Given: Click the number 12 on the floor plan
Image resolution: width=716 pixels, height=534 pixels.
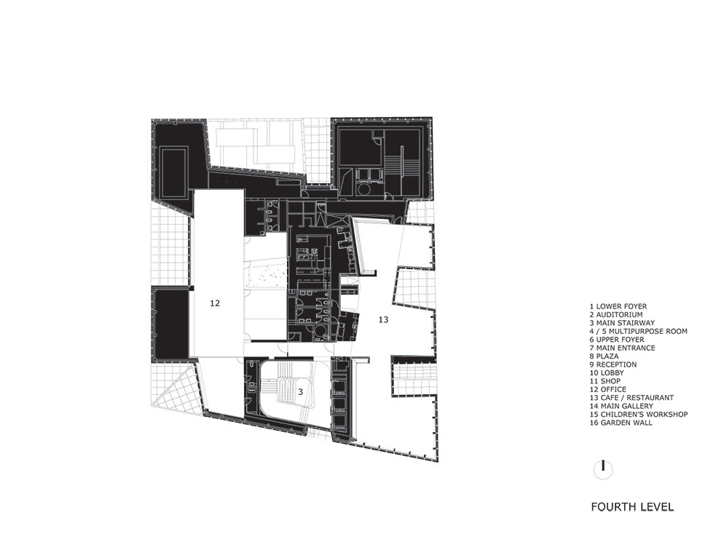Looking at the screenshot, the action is (x=215, y=303).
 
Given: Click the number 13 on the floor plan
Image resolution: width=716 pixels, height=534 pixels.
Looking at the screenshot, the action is (x=384, y=319).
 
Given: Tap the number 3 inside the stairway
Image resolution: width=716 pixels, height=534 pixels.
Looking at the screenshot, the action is (x=301, y=391).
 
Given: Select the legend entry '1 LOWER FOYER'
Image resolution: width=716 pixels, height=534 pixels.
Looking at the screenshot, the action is (x=618, y=306).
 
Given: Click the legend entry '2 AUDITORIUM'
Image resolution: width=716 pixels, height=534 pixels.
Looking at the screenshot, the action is (x=616, y=315).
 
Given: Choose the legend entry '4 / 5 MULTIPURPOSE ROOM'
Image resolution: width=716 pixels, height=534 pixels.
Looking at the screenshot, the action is (x=638, y=331).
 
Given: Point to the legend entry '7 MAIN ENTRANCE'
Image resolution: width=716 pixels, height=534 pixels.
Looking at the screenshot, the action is (x=622, y=348).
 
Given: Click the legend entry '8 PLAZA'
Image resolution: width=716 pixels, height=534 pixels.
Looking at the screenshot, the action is (x=604, y=356).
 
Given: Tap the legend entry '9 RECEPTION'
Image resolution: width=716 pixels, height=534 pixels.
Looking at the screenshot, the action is (x=613, y=364).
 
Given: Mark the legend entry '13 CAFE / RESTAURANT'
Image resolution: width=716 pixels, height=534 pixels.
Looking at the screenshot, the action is (x=632, y=398).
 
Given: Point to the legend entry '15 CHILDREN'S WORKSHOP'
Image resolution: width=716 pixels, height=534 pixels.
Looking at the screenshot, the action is (x=638, y=414).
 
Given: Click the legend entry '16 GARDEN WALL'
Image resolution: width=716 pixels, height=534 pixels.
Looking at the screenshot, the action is (x=621, y=423).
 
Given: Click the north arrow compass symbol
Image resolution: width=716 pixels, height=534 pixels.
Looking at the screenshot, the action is (x=603, y=469).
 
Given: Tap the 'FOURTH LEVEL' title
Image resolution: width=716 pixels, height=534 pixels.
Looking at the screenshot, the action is (x=632, y=506).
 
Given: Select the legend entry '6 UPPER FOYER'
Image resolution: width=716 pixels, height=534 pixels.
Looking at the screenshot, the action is (x=616, y=340).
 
